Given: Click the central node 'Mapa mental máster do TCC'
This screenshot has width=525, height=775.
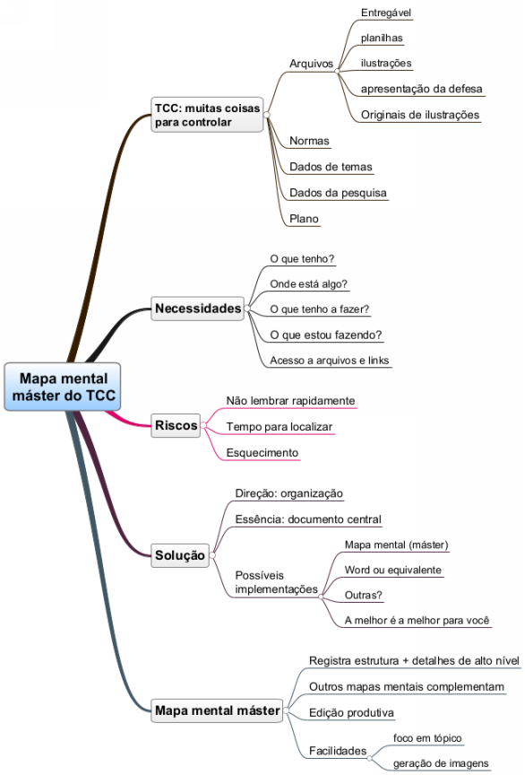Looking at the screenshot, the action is point(63,387).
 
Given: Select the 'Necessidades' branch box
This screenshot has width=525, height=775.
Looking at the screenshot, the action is point(198,309).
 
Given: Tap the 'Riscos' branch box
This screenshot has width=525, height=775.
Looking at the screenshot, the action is point(176,425).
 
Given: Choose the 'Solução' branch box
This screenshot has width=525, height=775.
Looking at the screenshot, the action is point(180,555).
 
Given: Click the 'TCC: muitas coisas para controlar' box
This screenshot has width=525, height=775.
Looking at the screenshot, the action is point(207,115).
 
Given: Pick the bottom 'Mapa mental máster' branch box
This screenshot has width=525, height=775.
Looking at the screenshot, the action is point(217,710).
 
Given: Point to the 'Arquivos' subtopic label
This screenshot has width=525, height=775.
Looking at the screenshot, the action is point(311,64).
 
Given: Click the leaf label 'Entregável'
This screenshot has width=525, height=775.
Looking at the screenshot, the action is point(386,13).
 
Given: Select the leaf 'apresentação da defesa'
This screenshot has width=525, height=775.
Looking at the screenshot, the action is point(421,89).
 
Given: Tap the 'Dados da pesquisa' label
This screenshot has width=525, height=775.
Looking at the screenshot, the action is point(338,193).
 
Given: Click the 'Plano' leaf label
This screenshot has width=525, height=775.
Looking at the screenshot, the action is point(304,219).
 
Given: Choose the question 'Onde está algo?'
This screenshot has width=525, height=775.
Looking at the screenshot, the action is point(308,284).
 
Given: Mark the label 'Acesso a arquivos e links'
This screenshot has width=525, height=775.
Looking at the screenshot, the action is point(330,361).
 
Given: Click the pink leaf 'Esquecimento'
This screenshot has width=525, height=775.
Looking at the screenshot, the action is point(262,453).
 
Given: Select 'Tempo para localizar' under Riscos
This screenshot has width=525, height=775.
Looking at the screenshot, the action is point(279,427).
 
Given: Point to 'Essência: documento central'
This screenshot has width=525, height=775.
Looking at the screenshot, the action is point(308,519).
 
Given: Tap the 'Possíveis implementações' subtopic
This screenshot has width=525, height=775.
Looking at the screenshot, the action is point(276,582).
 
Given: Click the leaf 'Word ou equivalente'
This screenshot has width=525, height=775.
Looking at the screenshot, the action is point(392,570).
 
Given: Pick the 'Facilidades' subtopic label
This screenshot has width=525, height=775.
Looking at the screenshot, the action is point(338,751).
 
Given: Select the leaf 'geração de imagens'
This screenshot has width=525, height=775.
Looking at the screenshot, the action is point(441,763).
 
